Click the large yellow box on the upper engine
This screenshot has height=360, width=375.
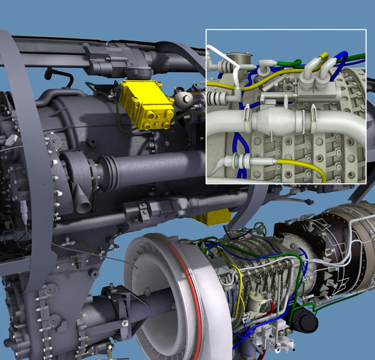coord(145,103)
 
